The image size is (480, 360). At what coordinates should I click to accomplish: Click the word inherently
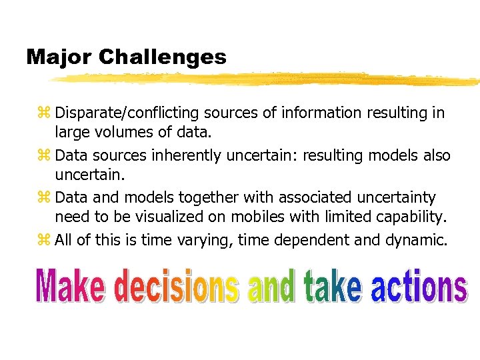tap(187, 156)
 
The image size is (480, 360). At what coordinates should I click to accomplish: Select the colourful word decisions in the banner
tap(177, 287)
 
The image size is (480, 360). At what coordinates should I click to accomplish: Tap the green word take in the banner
tap(333, 287)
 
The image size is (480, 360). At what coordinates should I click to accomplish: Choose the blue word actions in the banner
tap(418, 287)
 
